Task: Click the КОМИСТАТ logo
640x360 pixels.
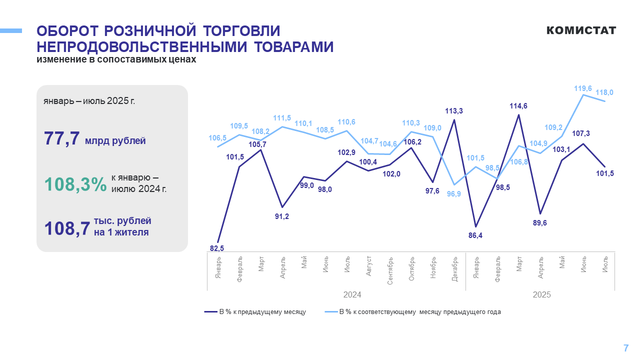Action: coord(581,30)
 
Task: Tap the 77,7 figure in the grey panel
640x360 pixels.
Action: coord(61,138)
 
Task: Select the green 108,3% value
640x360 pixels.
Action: coord(75,184)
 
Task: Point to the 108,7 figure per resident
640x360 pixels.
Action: coord(67,228)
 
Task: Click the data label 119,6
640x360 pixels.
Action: coord(583,88)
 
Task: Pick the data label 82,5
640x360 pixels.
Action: coord(217,248)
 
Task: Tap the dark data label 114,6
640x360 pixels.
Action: coord(518,106)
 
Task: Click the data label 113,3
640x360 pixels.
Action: coord(453,111)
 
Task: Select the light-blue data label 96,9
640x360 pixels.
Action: coord(453,194)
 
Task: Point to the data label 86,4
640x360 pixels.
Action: coord(475,235)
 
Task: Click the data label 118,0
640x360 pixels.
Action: coord(604,92)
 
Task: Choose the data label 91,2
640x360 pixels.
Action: coord(281,216)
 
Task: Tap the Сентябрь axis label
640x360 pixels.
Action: coord(390,271)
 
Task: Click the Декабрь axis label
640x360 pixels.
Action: coord(454,269)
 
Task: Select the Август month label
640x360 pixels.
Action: coord(368,266)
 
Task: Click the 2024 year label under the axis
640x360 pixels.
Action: coord(352,294)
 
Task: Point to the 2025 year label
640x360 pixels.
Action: coord(541,294)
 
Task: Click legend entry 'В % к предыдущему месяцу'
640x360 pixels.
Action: coord(255,311)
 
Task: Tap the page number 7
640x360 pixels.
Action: coord(625,348)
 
